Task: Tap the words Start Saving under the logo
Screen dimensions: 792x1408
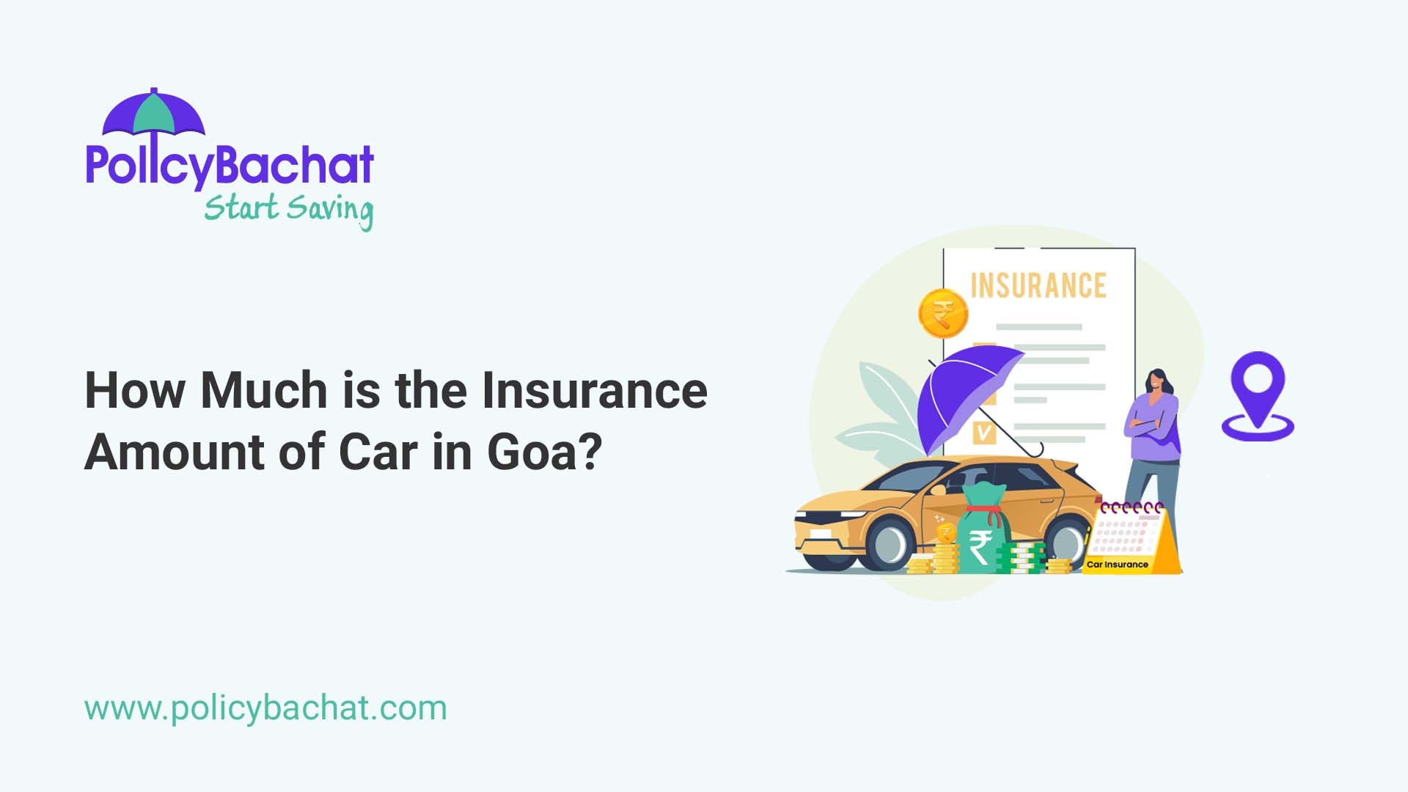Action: click(x=288, y=209)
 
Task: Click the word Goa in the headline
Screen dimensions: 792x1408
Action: click(x=543, y=452)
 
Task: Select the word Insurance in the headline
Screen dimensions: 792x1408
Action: click(x=594, y=390)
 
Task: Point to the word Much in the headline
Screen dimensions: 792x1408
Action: click(x=264, y=390)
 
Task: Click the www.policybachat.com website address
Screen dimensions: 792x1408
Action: click(x=265, y=708)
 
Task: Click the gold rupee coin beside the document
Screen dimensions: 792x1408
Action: click(x=942, y=314)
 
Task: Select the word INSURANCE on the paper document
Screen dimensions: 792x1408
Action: click(x=1038, y=286)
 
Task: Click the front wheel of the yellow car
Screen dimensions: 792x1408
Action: click(x=890, y=544)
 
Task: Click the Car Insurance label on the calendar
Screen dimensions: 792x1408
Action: click(x=1117, y=565)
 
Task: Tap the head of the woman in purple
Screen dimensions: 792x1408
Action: click(x=1156, y=382)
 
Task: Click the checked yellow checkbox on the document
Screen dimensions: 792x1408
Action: click(x=983, y=433)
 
